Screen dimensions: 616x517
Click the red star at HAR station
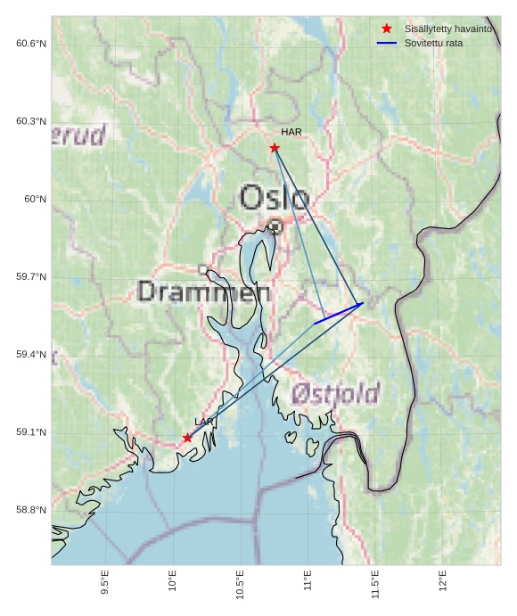(275, 148)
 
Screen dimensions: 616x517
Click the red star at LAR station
(187, 438)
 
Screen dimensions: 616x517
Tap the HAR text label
(291, 132)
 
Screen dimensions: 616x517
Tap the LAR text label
(204, 422)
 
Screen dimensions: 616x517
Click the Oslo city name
(275, 197)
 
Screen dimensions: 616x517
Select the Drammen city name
(204, 292)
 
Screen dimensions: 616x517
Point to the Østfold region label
(335, 393)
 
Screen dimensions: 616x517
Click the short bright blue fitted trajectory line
(338, 314)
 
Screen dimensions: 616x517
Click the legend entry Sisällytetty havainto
(447, 29)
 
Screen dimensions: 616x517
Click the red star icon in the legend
(386, 29)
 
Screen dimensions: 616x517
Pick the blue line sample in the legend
(386, 43)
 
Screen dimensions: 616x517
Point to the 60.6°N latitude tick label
(30, 44)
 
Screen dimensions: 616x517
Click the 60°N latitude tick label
(35, 200)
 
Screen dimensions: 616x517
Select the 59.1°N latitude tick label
(30, 432)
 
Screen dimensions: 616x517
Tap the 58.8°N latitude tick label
(30, 510)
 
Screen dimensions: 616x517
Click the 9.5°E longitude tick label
(105, 583)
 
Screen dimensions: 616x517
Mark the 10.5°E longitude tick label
(241, 585)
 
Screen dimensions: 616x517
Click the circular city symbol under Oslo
(275, 226)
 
